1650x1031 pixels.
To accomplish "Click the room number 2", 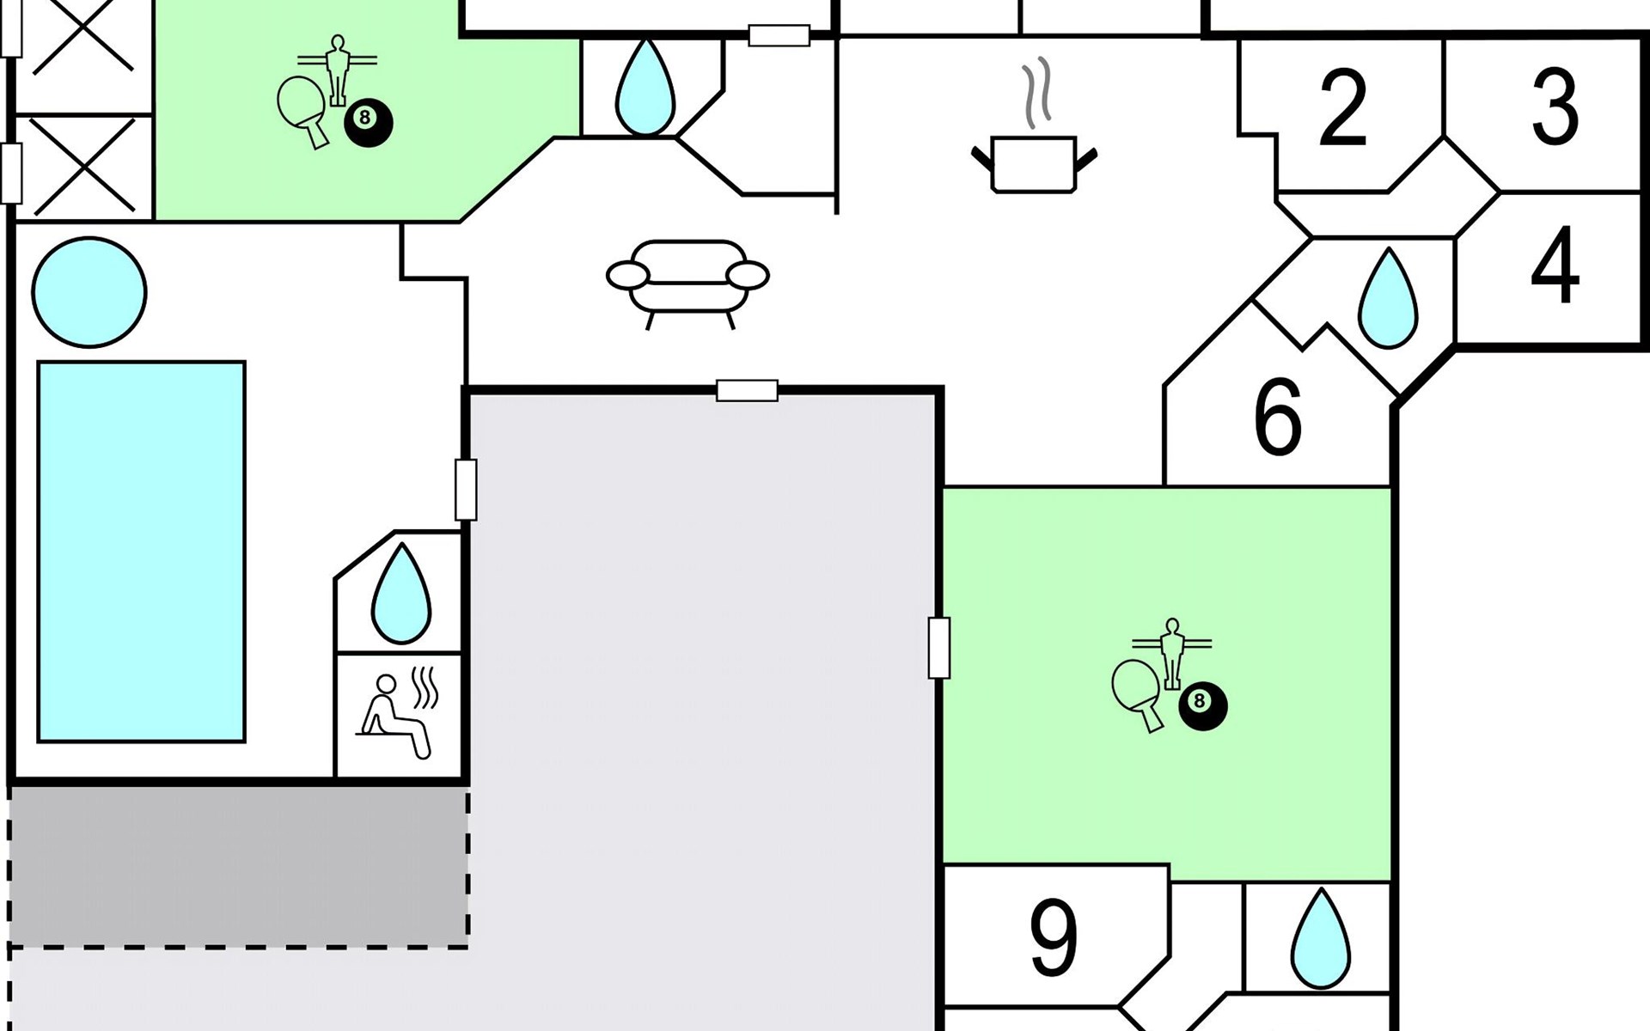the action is point(1342,108).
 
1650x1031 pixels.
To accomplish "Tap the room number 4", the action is point(1555,265).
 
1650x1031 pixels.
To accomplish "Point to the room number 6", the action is point(1278,417).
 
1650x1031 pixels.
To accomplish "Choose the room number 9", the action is point(1054,937).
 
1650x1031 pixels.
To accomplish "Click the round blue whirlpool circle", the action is point(89,292).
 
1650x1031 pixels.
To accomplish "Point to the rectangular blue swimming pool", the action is point(141,552).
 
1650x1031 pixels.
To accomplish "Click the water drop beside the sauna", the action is point(401,593).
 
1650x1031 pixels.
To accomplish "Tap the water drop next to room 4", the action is point(1388,298).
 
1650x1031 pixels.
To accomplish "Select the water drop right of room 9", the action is point(1320,939).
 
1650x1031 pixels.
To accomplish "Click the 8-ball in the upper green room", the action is point(369,123).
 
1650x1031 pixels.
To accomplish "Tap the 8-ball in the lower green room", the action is point(1203,706).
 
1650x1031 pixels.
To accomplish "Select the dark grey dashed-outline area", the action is point(238,866).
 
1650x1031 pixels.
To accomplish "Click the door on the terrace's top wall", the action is point(747,391).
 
